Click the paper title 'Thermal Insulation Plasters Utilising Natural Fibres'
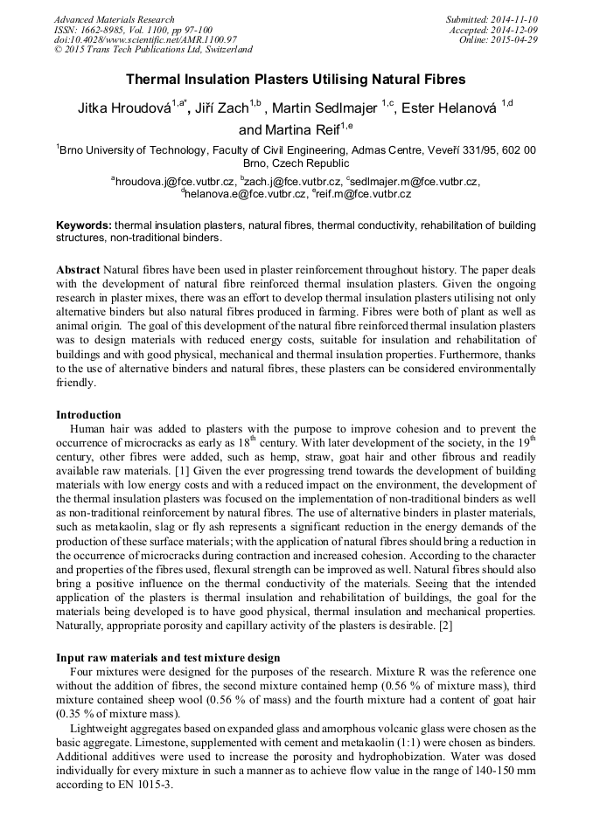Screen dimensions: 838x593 click(x=296, y=80)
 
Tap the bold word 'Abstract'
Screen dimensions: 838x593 click(x=77, y=270)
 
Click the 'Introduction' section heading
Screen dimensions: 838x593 click(x=88, y=415)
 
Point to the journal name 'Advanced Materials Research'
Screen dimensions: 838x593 click(x=114, y=19)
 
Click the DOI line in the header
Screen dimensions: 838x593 click(x=145, y=39)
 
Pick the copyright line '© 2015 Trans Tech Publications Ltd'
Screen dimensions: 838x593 click(x=153, y=50)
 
